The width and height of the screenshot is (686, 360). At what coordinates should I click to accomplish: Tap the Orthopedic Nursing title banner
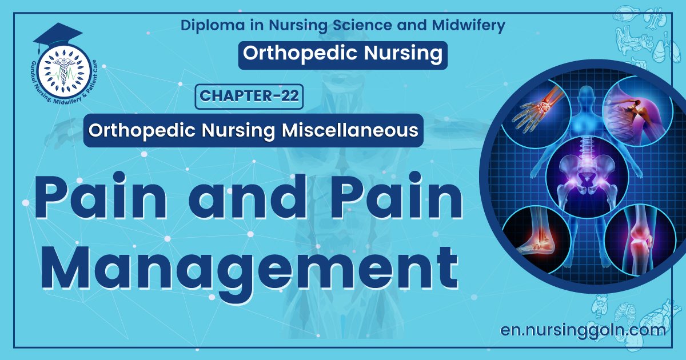click(342, 53)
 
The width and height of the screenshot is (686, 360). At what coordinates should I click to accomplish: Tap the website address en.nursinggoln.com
click(583, 329)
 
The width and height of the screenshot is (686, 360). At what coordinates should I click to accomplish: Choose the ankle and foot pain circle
click(535, 238)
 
